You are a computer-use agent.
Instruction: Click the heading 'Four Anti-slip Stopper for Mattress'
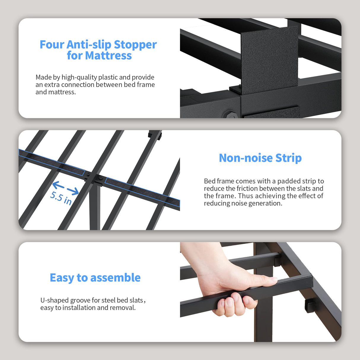98,50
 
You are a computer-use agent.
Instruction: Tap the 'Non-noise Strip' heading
260,158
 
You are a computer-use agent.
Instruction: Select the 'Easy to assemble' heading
95,278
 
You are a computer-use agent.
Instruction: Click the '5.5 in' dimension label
61,198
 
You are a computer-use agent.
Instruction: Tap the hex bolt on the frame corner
229,114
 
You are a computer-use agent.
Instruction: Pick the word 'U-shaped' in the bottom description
55,300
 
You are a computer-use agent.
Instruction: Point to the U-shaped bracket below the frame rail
310,305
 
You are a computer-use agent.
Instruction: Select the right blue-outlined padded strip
142,192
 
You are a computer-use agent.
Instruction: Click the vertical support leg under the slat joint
95,211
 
